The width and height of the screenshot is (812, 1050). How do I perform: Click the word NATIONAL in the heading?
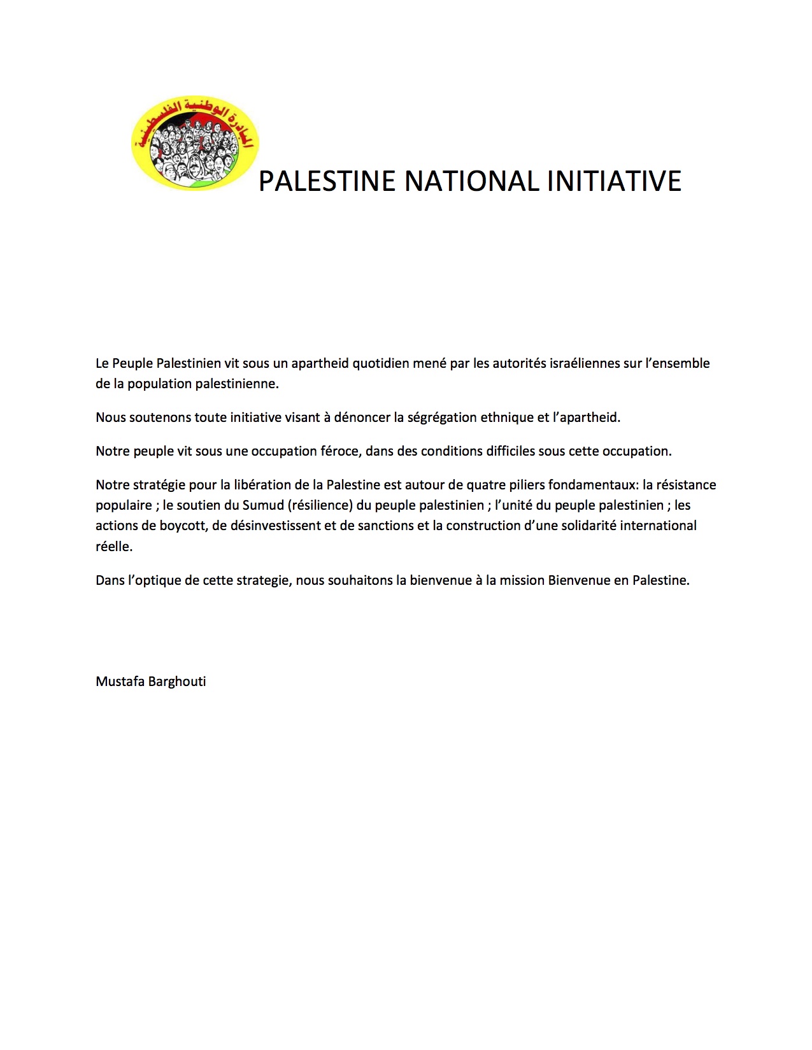[x=472, y=181]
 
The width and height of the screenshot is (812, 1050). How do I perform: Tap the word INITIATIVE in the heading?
[x=614, y=181]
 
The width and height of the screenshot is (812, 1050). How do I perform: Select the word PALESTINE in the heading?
[x=327, y=181]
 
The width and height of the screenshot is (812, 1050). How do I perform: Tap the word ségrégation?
[x=438, y=417]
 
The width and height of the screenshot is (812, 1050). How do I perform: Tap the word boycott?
[x=185, y=526]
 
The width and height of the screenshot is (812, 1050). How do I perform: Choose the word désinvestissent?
[x=274, y=526]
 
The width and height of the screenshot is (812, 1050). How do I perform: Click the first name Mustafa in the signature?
[x=120, y=682]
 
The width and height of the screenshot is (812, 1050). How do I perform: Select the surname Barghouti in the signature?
[x=177, y=682]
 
